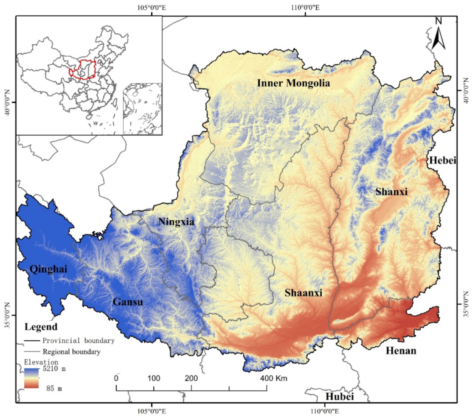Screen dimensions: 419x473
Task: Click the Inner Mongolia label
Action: pyautogui.click(x=293, y=83)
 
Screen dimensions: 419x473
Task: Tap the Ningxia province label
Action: pyautogui.click(x=176, y=222)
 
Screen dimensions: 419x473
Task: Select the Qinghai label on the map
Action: pyautogui.click(x=48, y=269)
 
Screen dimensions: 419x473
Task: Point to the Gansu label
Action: pyautogui.click(x=128, y=302)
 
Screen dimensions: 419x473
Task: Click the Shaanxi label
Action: pyautogui.click(x=303, y=293)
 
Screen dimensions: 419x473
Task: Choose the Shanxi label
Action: pyautogui.click(x=391, y=192)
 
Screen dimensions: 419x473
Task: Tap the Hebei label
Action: pyautogui.click(x=442, y=160)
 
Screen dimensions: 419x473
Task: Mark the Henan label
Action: pyautogui.click(x=401, y=351)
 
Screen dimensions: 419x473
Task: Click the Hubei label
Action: pyautogui.click(x=339, y=396)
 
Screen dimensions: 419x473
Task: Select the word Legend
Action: pyautogui.click(x=41, y=327)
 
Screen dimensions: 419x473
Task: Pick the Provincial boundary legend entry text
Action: pyautogui.click(x=78, y=340)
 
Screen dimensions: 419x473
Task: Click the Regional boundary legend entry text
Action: pyautogui.click(x=71, y=351)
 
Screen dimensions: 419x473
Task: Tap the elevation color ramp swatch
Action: pyautogui.click(x=31, y=378)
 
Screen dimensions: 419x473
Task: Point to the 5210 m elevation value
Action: pyautogui.click(x=54, y=369)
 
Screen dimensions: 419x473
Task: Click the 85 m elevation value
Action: pyautogui.click(x=54, y=388)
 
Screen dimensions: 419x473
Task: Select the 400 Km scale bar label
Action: pyautogui.click(x=273, y=378)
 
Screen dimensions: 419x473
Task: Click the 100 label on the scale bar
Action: pyautogui.click(x=154, y=378)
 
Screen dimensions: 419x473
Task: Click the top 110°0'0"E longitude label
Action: pyautogui.click(x=305, y=7)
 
